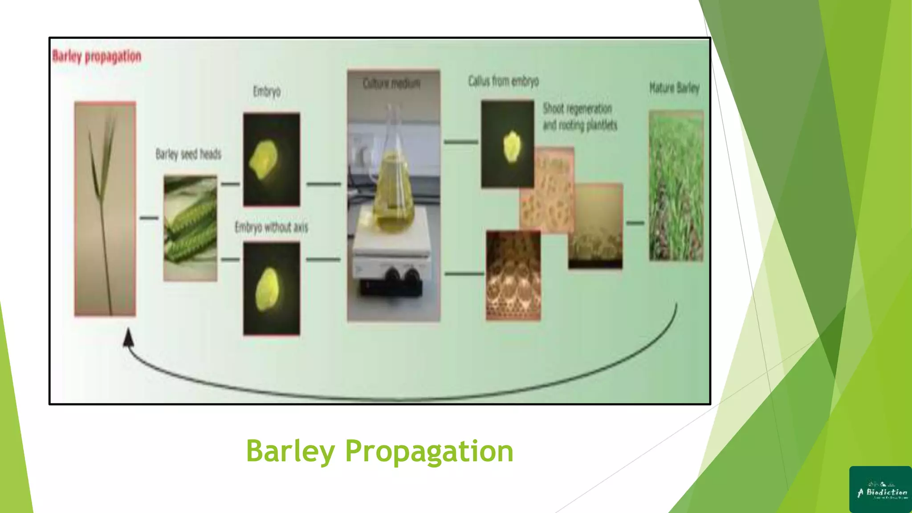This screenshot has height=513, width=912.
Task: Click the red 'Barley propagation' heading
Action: pyautogui.click(x=97, y=57)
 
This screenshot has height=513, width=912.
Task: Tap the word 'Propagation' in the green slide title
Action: pyautogui.click(x=429, y=451)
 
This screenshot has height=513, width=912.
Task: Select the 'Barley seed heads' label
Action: pyautogui.click(x=188, y=154)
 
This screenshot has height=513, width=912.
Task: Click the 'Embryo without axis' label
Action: pyautogui.click(x=271, y=228)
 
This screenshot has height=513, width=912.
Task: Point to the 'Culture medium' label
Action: pyautogui.click(x=391, y=83)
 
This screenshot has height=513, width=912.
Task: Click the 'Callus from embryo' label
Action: pyautogui.click(x=503, y=81)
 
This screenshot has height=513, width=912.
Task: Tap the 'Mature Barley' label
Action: pyautogui.click(x=674, y=88)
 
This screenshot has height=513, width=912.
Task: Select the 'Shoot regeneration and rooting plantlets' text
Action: pyautogui.click(x=579, y=117)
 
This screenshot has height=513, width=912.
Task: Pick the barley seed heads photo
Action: pyautogui.click(x=190, y=228)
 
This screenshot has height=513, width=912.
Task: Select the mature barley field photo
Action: pyautogui.click(x=676, y=186)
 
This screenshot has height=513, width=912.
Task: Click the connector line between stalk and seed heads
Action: pyautogui.click(x=149, y=218)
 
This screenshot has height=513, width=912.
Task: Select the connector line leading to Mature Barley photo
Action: pyautogui.click(x=635, y=222)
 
